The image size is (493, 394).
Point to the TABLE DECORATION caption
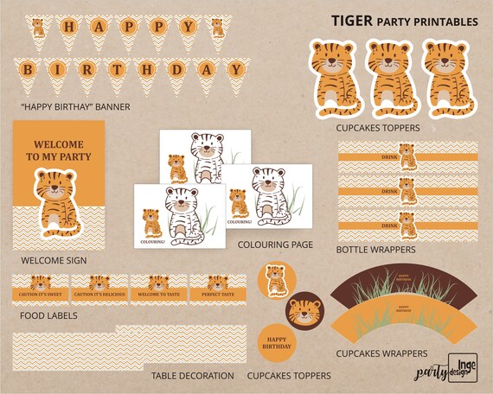192,376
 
